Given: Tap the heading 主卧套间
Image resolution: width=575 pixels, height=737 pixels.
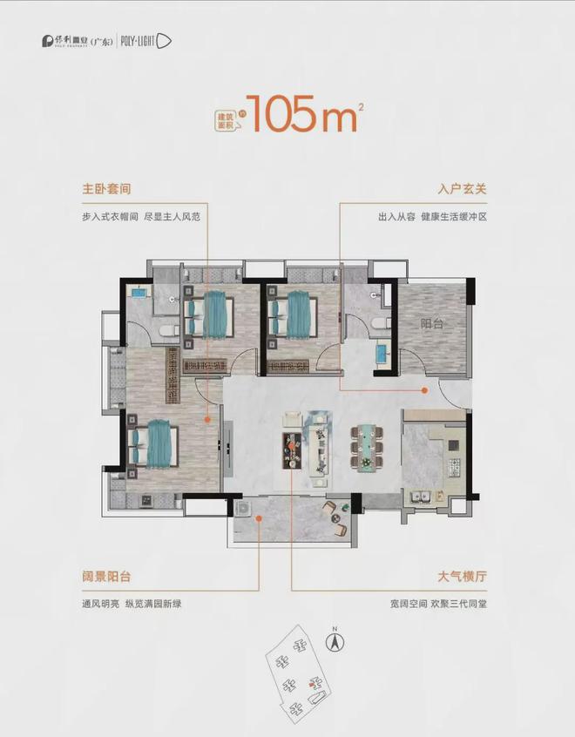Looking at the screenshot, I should [x=99, y=189].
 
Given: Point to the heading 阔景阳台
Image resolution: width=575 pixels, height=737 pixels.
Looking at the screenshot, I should [x=99, y=576].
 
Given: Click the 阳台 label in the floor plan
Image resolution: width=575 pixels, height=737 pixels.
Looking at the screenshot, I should [x=432, y=324].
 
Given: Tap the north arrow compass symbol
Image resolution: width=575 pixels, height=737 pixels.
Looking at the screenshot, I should [x=333, y=642].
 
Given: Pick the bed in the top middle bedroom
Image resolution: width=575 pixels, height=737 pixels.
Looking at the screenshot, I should [x=293, y=314].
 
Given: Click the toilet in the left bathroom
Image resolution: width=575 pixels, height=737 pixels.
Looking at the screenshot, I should [x=171, y=328].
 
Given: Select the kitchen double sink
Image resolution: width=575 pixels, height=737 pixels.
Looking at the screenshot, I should [x=422, y=497].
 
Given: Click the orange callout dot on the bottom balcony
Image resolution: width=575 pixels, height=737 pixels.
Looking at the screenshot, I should [x=259, y=520].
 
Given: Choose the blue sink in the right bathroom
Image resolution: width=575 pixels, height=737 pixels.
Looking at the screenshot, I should [x=382, y=353].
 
